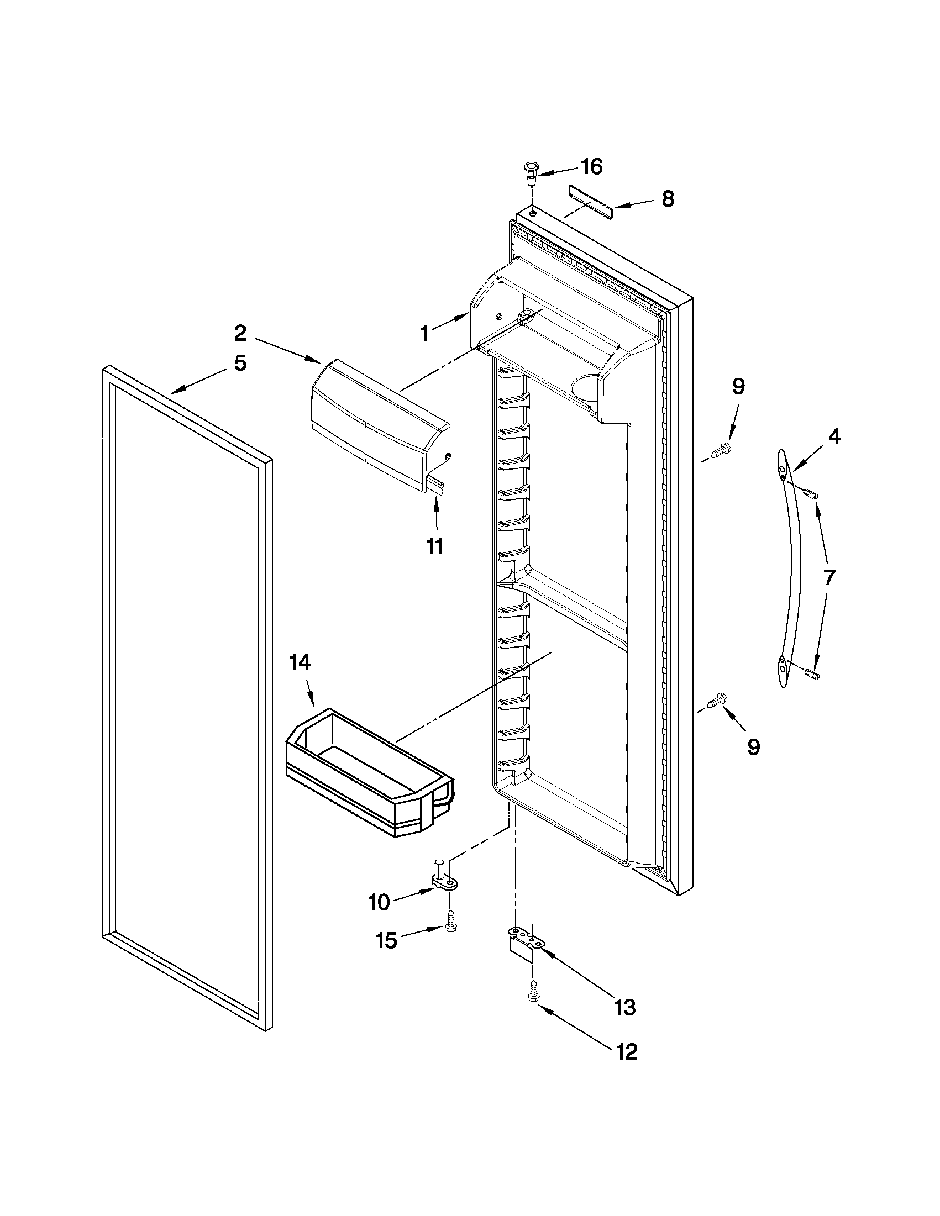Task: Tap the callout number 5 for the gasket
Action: tap(239, 363)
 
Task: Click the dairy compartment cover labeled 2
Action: tap(379, 413)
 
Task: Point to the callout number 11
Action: tap(434, 546)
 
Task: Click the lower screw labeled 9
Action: tap(716, 701)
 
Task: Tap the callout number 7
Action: tap(828, 577)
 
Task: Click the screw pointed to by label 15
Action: tap(450, 922)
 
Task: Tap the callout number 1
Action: tap(424, 334)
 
